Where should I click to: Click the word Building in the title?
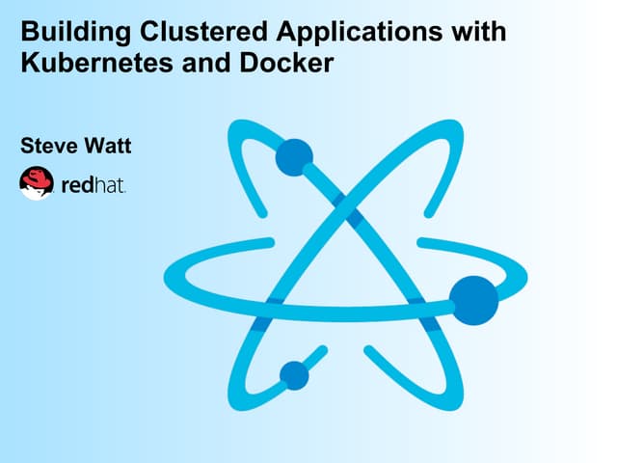coord(76,33)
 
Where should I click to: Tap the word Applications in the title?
coord(360,33)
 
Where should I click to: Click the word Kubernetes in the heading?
coord(96,63)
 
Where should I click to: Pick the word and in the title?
coord(206,63)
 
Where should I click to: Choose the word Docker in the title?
coord(286,63)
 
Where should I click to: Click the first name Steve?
coord(49,146)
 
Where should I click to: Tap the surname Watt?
coord(108,146)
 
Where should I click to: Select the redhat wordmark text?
coord(94,185)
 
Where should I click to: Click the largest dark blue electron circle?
coord(473,300)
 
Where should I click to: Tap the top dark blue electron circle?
coord(294,157)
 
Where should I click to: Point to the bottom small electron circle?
coord(294,375)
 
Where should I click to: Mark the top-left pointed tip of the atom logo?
coord(236,126)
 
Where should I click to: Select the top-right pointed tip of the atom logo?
coord(455,126)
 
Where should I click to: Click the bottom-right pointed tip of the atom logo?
coord(455,403)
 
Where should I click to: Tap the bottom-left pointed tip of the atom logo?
coord(236,403)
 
